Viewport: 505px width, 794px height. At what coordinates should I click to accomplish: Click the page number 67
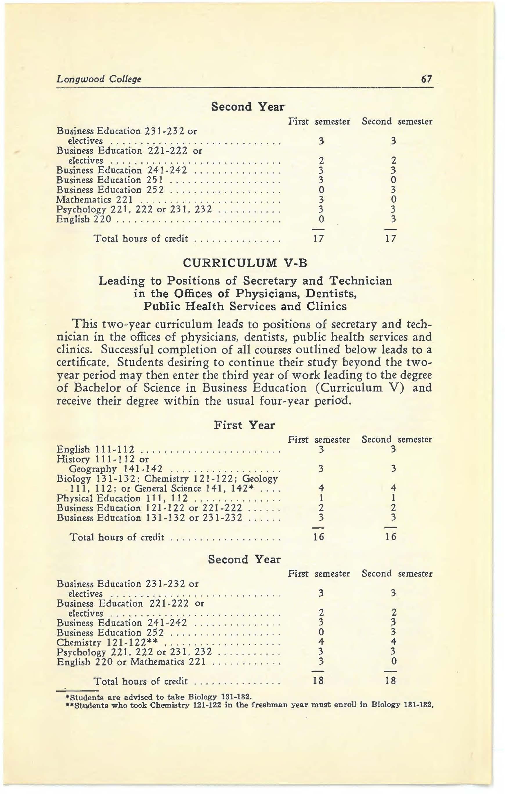tap(426, 79)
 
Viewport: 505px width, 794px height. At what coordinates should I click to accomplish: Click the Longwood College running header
tap(99, 79)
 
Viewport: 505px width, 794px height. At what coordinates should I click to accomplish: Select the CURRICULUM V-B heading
tap(245, 263)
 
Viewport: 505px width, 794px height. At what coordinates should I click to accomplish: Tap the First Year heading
tap(244, 425)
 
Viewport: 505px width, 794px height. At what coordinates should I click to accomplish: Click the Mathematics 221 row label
tap(95, 200)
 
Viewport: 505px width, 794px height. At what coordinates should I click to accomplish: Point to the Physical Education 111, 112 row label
tap(122, 498)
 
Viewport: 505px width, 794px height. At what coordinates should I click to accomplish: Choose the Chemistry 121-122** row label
tap(107, 643)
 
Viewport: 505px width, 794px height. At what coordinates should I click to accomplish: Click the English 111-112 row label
tap(96, 449)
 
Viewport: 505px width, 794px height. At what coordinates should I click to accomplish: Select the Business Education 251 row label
tap(109, 180)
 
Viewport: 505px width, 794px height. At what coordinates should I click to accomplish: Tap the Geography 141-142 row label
tap(116, 469)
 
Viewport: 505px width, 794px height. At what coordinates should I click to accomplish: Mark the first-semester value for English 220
tap(321, 219)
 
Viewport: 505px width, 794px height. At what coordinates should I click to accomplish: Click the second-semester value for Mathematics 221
tap(393, 200)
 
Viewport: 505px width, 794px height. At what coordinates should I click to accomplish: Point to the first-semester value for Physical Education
tap(321, 498)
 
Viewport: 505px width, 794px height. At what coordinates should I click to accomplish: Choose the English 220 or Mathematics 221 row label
tap(131, 662)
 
